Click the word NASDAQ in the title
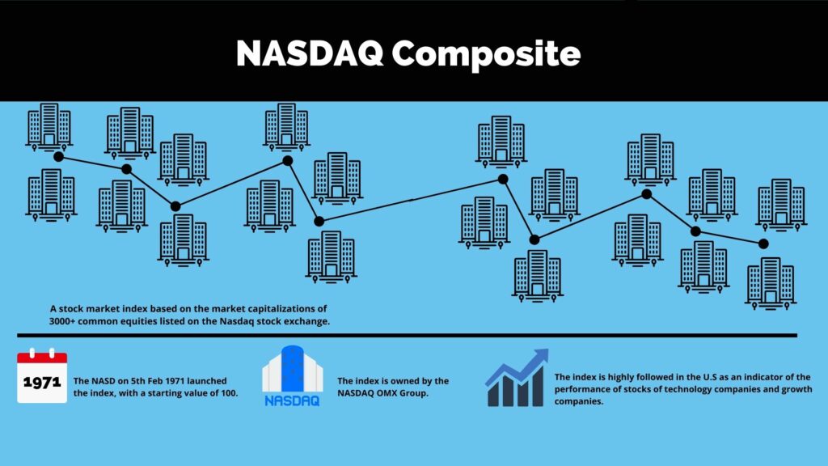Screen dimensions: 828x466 pos(310,53)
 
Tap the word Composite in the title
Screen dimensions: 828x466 pos(486,54)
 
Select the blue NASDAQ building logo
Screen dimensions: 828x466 pos(293,375)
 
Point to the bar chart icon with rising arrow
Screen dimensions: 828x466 pos(517,378)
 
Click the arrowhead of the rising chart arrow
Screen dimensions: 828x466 pos(541,356)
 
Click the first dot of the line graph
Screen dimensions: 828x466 pos(58,157)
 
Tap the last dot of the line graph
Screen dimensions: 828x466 pos(763,244)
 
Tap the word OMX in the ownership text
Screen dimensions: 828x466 pos(387,393)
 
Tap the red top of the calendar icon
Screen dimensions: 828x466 pos(42,357)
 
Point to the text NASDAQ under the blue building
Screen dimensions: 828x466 pos(293,401)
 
